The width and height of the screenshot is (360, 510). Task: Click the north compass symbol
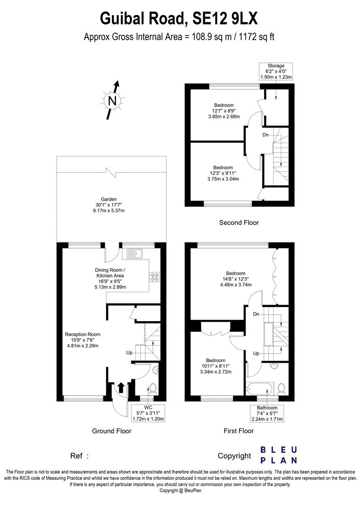[x=112, y=101]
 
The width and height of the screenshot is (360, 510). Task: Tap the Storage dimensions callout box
[x=276, y=72]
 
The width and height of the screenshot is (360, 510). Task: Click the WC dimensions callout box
[x=148, y=413]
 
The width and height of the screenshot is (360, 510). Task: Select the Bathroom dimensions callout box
[x=267, y=413]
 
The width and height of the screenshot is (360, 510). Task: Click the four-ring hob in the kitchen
[x=154, y=276]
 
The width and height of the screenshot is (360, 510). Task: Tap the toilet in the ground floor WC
[x=153, y=389]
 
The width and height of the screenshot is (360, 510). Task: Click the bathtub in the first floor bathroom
[x=260, y=389]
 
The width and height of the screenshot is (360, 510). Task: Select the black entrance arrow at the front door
[x=120, y=387]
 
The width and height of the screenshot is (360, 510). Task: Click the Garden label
[x=109, y=205]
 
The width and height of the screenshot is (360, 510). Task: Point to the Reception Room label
[x=83, y=340]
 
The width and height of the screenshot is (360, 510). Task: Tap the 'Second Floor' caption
[x=239, y=223]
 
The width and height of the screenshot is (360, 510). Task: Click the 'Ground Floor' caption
[x=112, y=431]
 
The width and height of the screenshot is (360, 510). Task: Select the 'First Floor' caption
[x=238, y=431]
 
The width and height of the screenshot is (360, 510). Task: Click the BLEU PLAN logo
[x=279, y=455]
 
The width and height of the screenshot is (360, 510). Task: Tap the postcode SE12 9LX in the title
[x=225, y=18]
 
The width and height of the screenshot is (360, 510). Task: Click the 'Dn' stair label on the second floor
[x=266, y=135]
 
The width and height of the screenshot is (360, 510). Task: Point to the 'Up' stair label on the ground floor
[x=129, y=353]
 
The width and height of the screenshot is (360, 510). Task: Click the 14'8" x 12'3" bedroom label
[x=235, y=279]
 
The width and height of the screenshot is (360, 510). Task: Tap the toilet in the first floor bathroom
[x=281, y=389]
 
